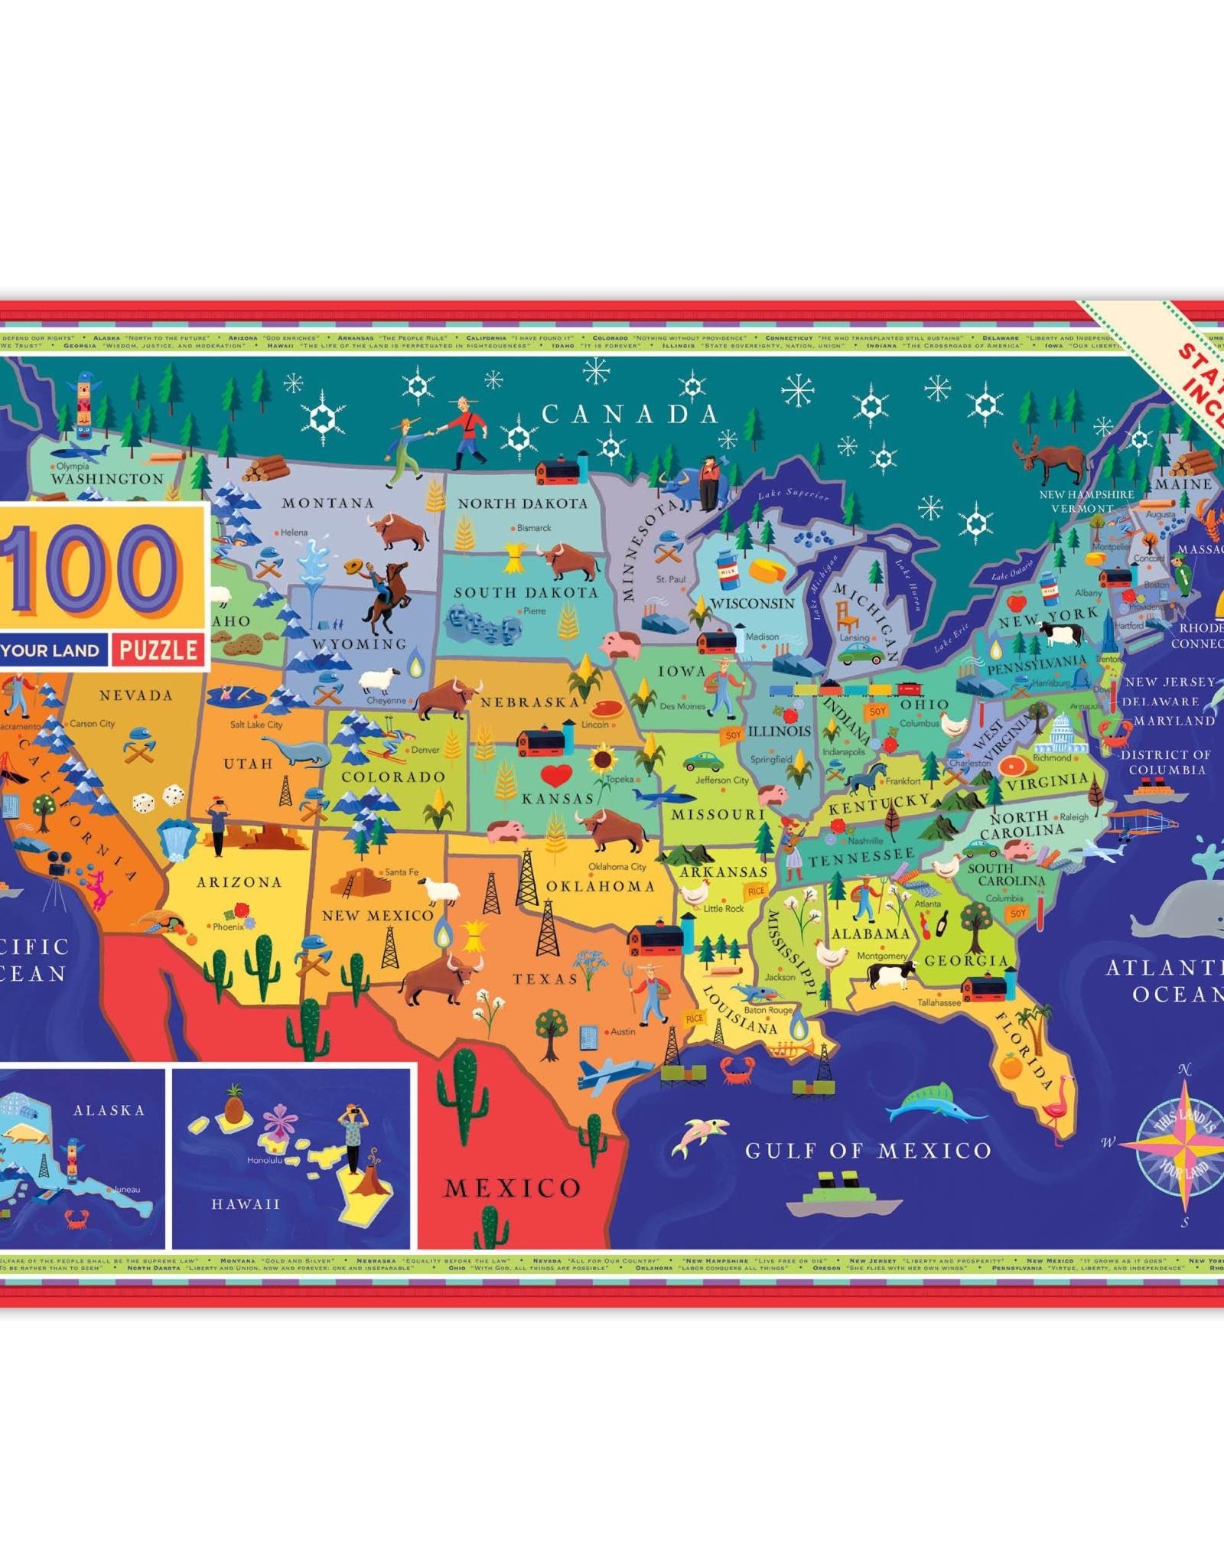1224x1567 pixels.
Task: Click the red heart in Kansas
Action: click(x=557, y=777)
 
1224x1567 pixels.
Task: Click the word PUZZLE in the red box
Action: click(x=158, y=650)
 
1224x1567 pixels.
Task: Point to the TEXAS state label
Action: click(x=545, y=979)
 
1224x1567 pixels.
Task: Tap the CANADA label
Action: click(x=630, y=414)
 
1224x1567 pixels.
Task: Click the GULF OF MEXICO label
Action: click(x=868, y=1150)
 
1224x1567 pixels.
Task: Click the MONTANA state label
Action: click(x=327, y=503)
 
